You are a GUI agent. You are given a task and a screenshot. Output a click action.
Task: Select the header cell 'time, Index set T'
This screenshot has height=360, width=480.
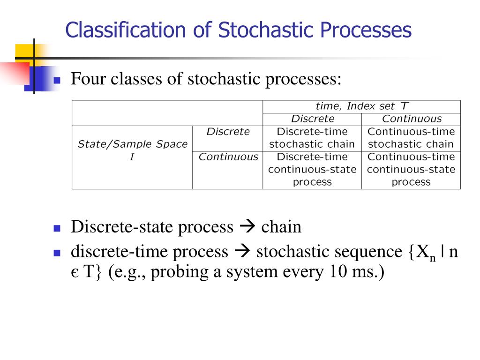pyautogui.click(x=361, y=106)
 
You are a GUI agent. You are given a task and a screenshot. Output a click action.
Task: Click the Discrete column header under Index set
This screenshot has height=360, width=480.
pyautogui.click(x=313, y=119)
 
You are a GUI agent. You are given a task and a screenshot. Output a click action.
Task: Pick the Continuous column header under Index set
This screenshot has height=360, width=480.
pyautogui.click(x=412, y=119)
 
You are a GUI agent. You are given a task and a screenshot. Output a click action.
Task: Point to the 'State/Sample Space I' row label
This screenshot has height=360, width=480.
pyautogui.click(x=132, y=150)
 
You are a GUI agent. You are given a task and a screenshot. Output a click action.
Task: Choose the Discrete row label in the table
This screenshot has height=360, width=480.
pyautogui.click(x=228, y=132)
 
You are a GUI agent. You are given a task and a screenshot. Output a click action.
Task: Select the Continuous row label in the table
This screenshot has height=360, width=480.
pyautogui.click(x=228, y=157)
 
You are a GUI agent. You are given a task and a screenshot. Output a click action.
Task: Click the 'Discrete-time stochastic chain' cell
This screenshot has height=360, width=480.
pyautogui.click(x=312, y=138)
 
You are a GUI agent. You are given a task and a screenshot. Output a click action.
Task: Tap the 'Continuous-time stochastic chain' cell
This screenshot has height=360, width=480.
pyautogui.click(x=411, y=138)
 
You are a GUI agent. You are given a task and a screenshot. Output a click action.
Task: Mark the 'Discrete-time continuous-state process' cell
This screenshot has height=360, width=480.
pyautogui.click(x=312, y=169)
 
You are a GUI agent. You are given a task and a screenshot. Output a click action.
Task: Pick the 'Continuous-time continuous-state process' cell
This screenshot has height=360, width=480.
pyautogui.click(x=411, y=169)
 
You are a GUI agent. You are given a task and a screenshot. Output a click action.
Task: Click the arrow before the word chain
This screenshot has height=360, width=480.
pyautogui.click(x=247, y=227)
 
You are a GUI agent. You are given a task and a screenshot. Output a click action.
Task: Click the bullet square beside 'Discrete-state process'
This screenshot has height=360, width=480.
pyautogui.click(x=57, y=229)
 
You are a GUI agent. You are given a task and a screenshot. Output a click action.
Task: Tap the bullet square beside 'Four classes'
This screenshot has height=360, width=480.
pyautogui.click(x=57, y=80)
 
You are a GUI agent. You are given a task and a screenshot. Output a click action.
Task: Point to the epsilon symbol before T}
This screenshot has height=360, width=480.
pyautogui.click(x=74, y=273)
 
